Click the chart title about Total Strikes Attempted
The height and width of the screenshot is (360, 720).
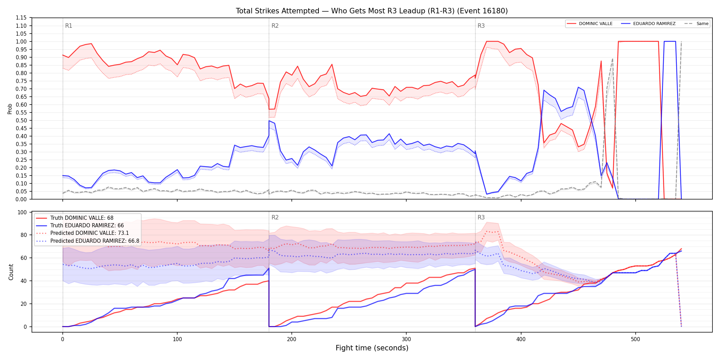click(x=372, y=11)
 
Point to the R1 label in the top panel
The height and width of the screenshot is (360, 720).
click(x=69, y=26)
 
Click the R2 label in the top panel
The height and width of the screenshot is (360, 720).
click(x=275, y=26)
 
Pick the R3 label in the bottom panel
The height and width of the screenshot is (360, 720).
click(x=481, y=217)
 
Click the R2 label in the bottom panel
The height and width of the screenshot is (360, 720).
click(x=275, y=217)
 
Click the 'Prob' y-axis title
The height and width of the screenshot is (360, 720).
click(x=10, y=109)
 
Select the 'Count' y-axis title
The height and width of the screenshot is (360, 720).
click(x=11, y=272)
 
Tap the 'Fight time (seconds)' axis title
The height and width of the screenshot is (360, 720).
click(x=372, y=348)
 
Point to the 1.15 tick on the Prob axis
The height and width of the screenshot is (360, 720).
click(x=21, y=18)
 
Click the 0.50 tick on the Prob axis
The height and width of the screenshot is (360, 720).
click(x=21, y=120)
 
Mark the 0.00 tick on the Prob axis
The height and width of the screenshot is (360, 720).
click(x=21, y=199)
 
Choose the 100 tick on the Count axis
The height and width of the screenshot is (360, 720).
click(x=22, y=212)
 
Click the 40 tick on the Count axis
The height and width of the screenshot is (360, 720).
click(x=23, y=281)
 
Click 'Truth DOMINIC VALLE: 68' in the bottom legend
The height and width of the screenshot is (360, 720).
click(x=82, y=218)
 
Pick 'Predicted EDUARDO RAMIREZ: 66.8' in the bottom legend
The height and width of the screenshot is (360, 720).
click(x=95, y=241)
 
